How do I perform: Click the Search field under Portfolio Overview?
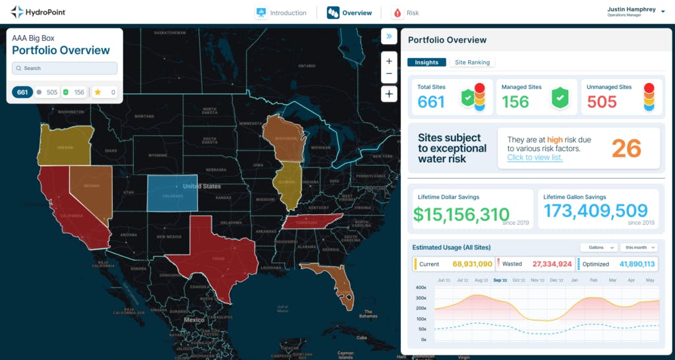[65, 68]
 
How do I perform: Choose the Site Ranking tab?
[472, 63]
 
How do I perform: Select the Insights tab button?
[426, 63]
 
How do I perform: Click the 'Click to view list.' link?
[535, 158]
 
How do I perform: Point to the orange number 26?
[626, 148]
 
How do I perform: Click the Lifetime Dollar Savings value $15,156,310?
[461, 214]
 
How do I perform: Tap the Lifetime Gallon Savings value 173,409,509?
[595, 211]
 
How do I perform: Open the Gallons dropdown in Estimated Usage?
[598, 247]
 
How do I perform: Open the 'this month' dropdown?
[639, 247]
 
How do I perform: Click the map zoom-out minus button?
[389, 73]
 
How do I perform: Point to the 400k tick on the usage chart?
[419, 287]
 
